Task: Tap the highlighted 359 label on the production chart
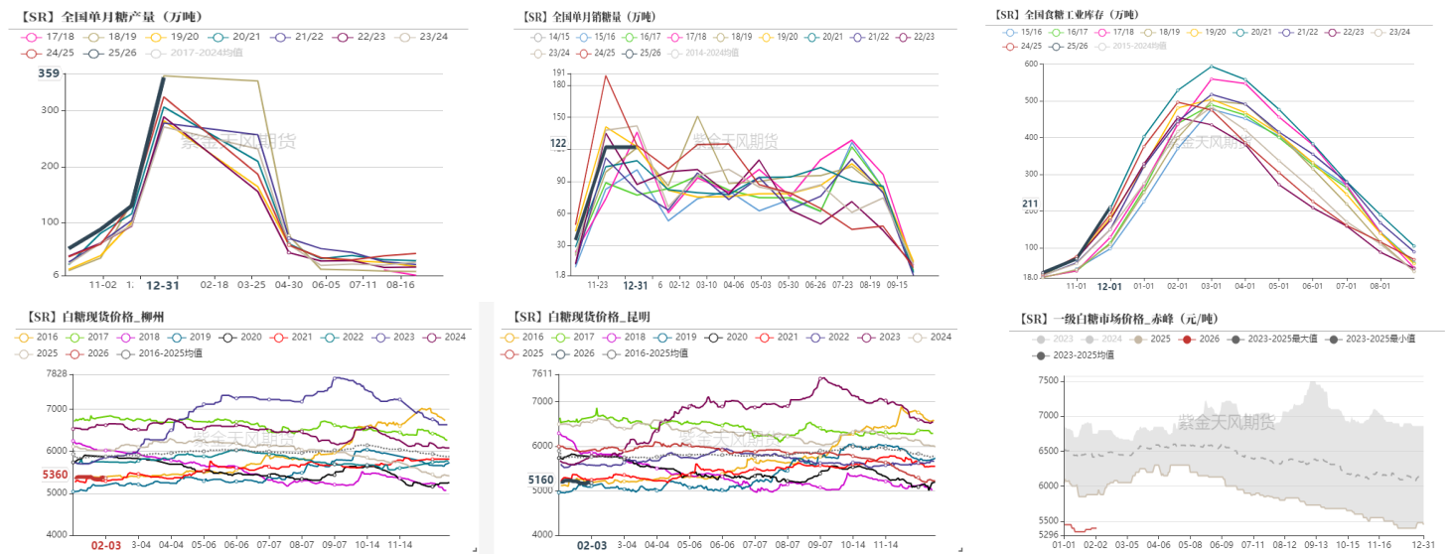click(x=49, y=73)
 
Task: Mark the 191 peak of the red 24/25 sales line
click(x=605, y=75)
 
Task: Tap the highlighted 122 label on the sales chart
click(x=558, y=144)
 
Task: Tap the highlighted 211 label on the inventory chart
click(x=1030, y=205)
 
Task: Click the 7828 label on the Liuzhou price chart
click(x=56, y=373)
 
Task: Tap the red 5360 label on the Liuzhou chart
click(x=56, y=475)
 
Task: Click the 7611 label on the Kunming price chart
click(x=541, y=373)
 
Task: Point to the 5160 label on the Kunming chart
click(x=541, y=480)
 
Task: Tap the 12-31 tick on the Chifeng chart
click(x=1422, y=545)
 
